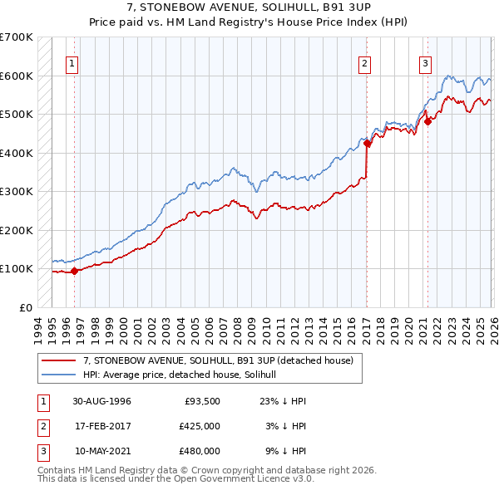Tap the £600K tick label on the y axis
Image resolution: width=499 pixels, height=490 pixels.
click(17, 76)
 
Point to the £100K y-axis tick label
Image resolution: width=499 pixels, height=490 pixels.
click(17, 268)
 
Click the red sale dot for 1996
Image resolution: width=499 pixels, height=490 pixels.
click(75, 271)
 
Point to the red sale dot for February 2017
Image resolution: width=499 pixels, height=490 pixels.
click(367, 143)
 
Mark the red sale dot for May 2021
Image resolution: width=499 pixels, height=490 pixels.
click(427, 121)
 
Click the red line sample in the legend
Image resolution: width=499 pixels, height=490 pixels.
click(60, 360)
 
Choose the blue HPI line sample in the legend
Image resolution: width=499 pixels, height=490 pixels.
click(60, 375)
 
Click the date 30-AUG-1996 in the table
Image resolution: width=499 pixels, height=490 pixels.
click(101, 401)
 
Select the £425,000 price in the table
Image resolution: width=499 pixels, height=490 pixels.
click(200, 426)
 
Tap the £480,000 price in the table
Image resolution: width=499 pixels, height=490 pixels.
click(200, 451)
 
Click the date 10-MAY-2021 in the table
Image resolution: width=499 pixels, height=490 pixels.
click(101, 451)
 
